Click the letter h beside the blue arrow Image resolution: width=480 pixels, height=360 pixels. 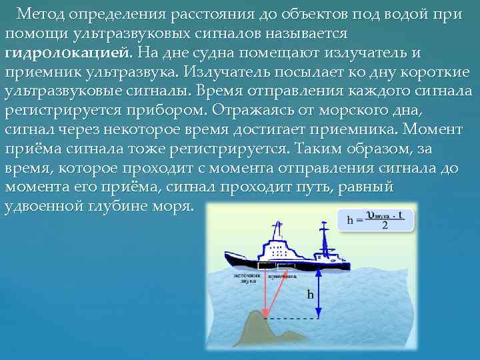pos(310,294)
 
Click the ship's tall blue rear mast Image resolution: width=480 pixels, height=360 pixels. pos(325,233)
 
